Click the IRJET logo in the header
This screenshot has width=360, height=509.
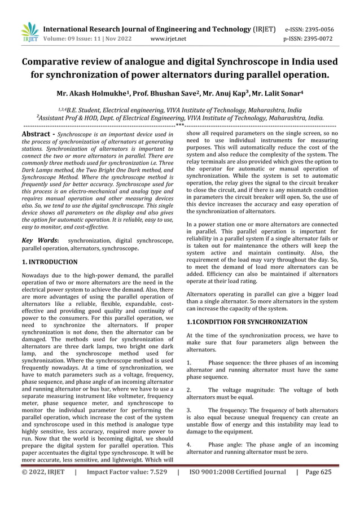click(x=29, y=32)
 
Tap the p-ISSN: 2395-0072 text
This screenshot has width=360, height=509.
click(x=309, y=39)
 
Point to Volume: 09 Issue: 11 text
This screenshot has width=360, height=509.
click(x=74, y=39)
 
